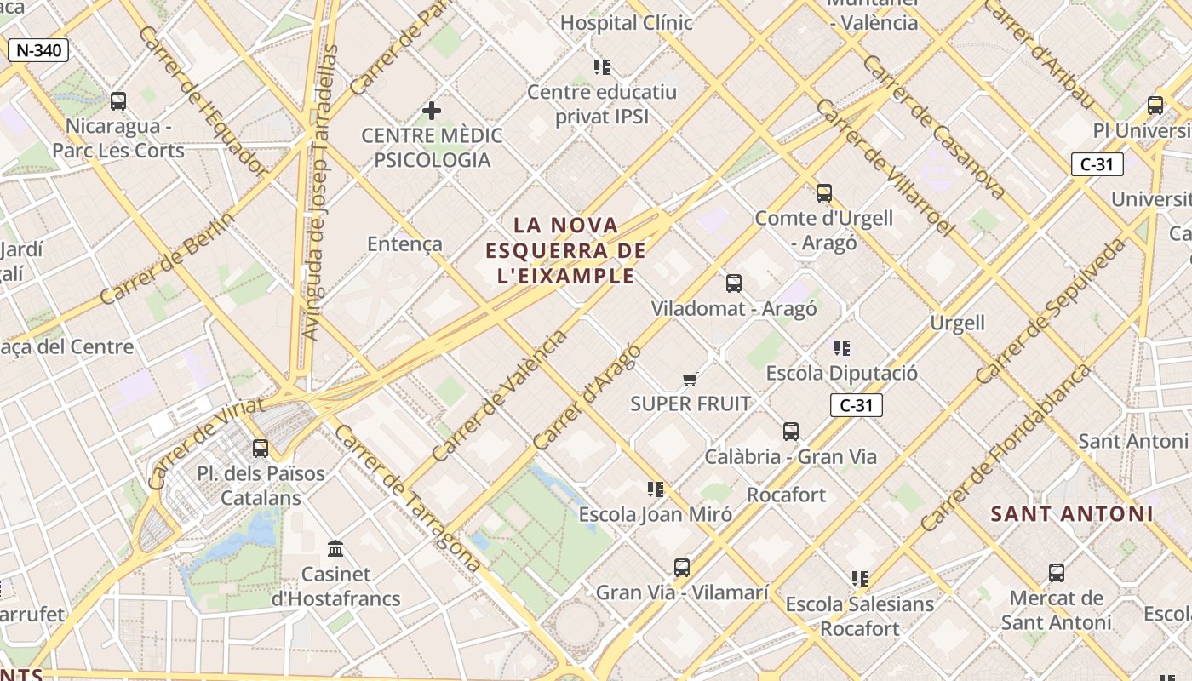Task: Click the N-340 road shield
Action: (x=38, y=50)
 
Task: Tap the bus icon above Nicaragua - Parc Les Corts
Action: (x=118, y=101)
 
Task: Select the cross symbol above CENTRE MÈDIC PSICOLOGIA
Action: (x=432, y=111)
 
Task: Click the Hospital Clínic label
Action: (x=626, y=23)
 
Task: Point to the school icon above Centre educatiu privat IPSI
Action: (x=602, y=66)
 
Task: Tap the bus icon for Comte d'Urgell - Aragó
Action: (x=823, y=193)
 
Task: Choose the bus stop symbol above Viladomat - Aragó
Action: (x=733, y=283)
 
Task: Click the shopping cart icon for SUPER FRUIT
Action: (x=691, y=379)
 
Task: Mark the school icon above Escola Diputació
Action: (x=842, y=347)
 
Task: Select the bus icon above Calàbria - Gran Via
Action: (x=791, y=432)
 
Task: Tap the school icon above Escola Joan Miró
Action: (x=655, y=489)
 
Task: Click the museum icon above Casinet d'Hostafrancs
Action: (x=335, y=549)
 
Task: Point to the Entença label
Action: (x=404, y=244)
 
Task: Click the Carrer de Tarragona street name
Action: (x=406, y=499)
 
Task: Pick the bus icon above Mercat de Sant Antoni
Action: (x=1057, y=573)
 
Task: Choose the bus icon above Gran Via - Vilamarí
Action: (x=681, y=568)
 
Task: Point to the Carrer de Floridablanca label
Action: (x=1005, y=448)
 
